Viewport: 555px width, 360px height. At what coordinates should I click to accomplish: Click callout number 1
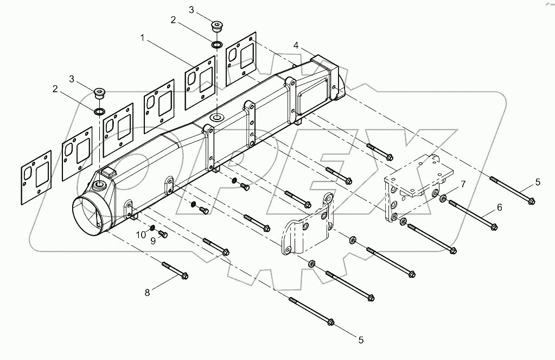[142, 39]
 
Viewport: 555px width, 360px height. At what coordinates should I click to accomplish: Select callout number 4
[296, 45]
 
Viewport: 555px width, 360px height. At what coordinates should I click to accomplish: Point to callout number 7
[463, 185]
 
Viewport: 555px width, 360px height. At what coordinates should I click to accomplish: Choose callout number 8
[146, 293]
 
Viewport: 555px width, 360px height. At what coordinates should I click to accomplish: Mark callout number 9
[153, 241]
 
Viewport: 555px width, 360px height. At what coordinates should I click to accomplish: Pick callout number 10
[141, 235]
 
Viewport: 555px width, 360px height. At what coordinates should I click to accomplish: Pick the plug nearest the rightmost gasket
[217, 26]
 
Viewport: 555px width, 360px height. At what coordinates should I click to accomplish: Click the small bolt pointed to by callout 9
[163, 234]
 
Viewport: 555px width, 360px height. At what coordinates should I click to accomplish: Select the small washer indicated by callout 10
[152, 227]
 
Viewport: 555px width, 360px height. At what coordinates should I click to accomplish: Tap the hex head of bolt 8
[184, 276]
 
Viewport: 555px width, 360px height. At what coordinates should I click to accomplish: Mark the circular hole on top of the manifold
[216, 117]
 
